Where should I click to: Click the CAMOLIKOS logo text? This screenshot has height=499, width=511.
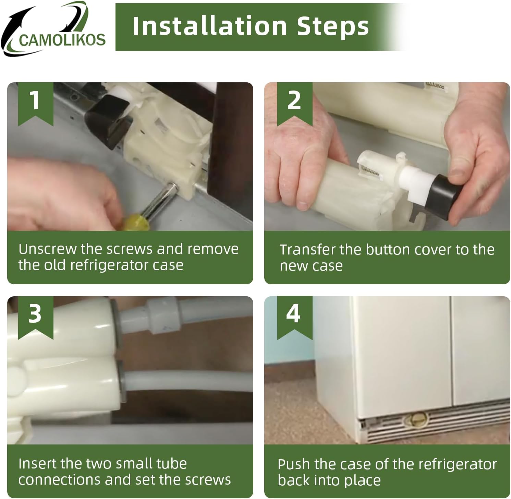62,40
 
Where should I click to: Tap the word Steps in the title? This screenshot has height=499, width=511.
333,26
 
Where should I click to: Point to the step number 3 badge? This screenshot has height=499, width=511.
36,318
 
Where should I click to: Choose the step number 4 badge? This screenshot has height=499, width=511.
294,318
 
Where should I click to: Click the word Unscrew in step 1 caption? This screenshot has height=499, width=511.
47,249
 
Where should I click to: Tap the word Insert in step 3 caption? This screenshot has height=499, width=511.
37,463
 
